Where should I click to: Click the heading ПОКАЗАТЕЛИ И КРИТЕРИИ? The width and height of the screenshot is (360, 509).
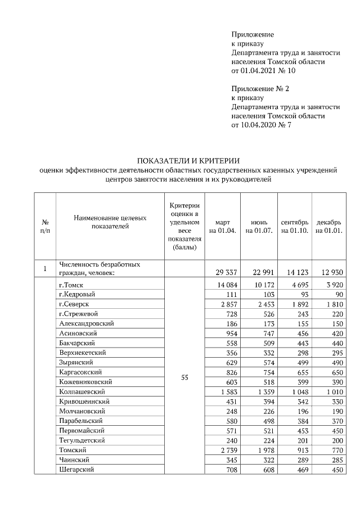188,161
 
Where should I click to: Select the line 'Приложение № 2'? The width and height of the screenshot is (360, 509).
259,89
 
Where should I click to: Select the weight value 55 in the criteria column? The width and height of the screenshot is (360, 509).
184,377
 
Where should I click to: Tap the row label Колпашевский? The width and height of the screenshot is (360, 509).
83,391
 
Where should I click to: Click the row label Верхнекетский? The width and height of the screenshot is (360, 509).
83,352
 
